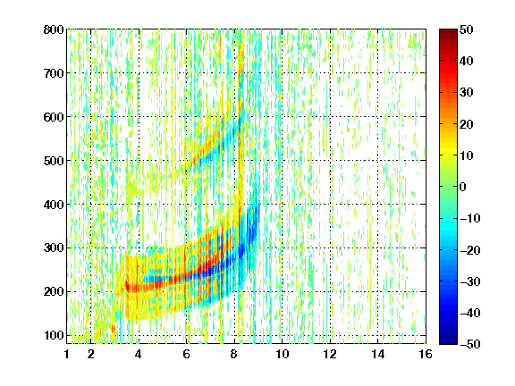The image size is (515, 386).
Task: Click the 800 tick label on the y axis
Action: click(x=54, y=29)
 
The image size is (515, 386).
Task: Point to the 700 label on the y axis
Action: click(x=54, y=73)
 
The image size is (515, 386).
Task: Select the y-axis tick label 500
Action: click(x=54, y=161)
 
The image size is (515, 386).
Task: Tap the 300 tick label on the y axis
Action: click(x=54, y=248)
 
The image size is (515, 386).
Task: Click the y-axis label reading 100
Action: click(x=54, y=335)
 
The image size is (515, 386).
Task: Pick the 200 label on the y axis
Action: click(x=54, y=292)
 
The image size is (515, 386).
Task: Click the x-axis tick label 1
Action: click(x=67, y=354)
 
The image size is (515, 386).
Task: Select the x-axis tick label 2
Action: click(x=91, y=354)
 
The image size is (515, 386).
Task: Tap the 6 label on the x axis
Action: click(x=186, y=354)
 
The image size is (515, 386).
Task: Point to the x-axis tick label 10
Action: click(x=282, y=354)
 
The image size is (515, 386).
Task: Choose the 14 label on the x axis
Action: click(x=377, y=354)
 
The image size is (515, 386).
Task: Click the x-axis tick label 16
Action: click(x=426, y=354)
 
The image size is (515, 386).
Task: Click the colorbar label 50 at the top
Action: click(x=466, y=29)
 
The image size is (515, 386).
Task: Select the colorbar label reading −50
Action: click(x=470, y=344)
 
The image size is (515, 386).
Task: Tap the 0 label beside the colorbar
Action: click(x=463, y=187)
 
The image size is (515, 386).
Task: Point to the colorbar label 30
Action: click(x=466, y=93)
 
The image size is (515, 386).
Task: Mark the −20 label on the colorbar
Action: click(x=470, y=250)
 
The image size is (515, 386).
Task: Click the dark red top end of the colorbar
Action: click(x=448, y=30)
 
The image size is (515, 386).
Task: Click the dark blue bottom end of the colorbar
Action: click(x=448, y=342)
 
